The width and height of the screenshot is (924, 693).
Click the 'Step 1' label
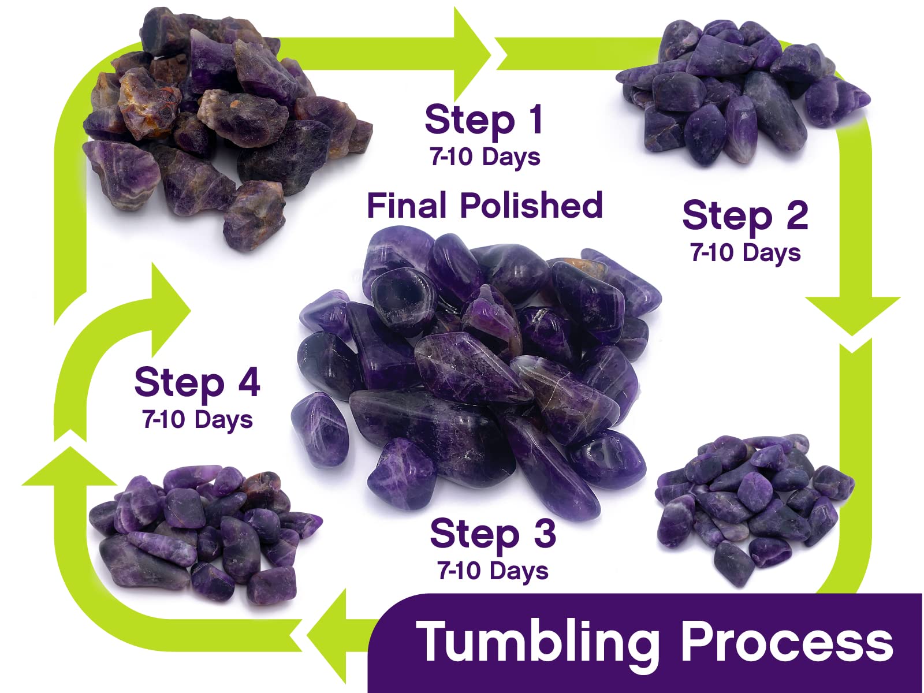click(x=484, y=121)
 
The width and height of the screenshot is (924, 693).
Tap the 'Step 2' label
click(x=745, y=216)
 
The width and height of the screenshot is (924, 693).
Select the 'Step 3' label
click(x=493, y=534)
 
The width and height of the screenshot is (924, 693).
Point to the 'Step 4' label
click(x=197, y=383)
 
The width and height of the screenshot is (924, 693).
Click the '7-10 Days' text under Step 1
click(x=485, y=157)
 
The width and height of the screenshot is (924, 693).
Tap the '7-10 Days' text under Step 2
click(x=745, y=253)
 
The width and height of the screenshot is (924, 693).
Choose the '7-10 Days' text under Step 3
click(x=493, y=571)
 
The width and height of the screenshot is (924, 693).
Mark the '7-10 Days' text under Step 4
click(x=198, y=419)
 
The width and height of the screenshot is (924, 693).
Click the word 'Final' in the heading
click(x=406, y=206)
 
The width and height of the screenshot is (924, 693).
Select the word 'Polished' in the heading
click(x=531, y=206)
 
